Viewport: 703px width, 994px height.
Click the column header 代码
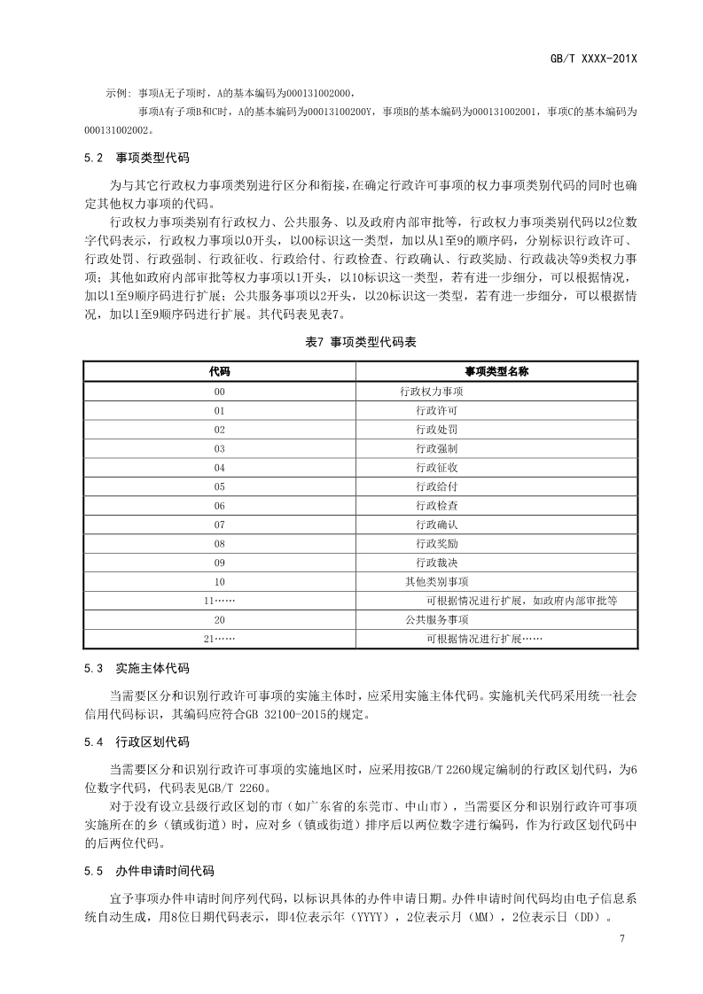219,371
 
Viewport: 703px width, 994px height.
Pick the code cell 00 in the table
219,392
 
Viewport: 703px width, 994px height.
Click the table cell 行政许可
436,411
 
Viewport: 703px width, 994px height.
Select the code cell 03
219,448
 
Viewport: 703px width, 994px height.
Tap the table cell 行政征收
436,468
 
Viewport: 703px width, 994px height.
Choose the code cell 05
219,486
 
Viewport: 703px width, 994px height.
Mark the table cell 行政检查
436,506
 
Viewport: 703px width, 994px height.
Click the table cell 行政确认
436,524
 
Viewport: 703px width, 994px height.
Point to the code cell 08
219,543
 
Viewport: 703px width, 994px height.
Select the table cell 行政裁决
436,563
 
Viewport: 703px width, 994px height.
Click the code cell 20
219,619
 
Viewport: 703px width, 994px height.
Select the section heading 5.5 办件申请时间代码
149,871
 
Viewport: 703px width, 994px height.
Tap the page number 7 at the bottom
623,939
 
